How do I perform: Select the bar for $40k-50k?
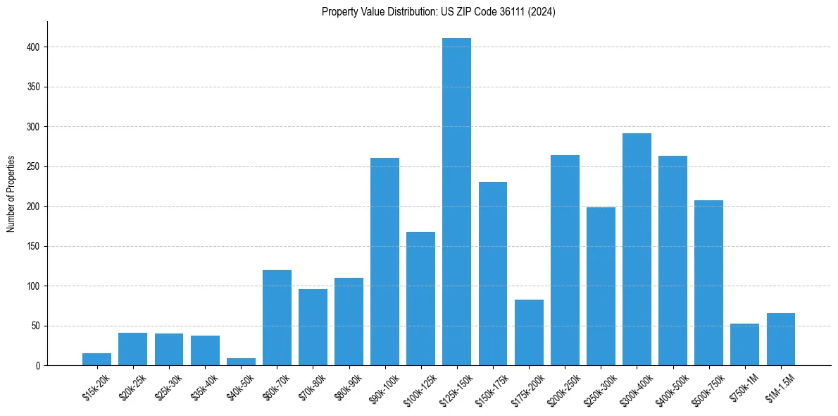click(x=241, y=362)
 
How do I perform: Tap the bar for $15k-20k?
click(x=96, y=360)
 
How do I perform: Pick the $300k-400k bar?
click(x=637, y=250)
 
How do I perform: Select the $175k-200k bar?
click(x=529, y=333)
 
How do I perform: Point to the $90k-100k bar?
click(x=384, y=262)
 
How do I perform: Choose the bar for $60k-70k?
click(x=277, y=318)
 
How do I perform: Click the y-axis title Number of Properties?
click(x=11, y=194)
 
